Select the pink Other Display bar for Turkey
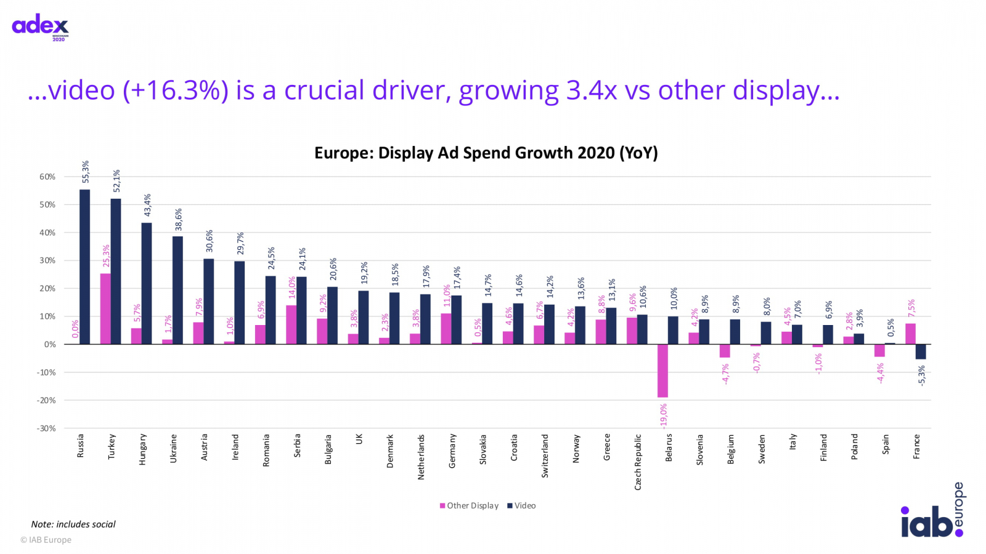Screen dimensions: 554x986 click(x=105, y=308)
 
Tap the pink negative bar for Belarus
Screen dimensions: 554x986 click(x=662, y=371)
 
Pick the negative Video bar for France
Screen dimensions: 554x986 click(x=921, y=351)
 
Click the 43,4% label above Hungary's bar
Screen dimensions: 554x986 click(x=147, y=205)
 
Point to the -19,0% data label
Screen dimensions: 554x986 click(x=664, y=416)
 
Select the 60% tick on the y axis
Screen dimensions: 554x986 click(x=47, y=177)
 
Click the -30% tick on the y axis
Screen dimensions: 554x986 click(x=46, y=428)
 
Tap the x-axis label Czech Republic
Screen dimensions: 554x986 click(x=638, y=462)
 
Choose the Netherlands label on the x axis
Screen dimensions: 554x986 click(x=422, y=457)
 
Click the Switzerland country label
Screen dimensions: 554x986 click(x=545, y=456)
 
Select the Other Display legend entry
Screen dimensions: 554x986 click(x=469, y=506)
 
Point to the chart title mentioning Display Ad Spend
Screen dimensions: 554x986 click(x=486, y=153)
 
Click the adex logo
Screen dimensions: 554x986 click(x=41, y=26)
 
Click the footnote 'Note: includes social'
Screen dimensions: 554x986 click(x=73, y=524)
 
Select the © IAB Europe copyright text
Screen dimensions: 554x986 click(x=46, y=540)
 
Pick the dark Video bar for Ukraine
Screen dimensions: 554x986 click(x=177, y=290)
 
